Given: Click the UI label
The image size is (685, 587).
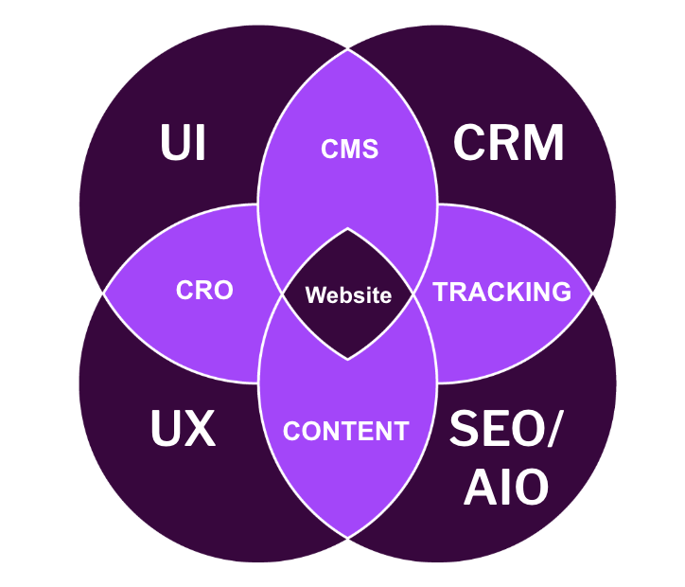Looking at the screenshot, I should click(184, 144).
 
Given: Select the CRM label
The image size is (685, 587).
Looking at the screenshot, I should click(508, 144).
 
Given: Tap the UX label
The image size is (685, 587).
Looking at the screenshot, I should click(183, 430).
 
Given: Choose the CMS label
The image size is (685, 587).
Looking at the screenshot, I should click(349, 149).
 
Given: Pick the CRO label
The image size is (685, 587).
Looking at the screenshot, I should click(204, 290).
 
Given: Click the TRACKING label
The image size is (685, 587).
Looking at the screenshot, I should click(502, 292).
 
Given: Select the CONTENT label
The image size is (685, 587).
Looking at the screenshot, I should click(345, 432).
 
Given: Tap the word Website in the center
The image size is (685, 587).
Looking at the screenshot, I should click(348, 295).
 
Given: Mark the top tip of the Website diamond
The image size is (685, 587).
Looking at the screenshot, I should click(348, 229).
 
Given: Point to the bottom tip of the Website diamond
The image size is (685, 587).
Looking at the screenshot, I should click(348, 359).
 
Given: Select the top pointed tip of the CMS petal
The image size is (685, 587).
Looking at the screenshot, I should click(348, 49).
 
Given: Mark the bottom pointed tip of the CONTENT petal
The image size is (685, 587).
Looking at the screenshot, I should click(348, 538).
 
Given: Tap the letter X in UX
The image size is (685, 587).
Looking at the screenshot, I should click(200, 430).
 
